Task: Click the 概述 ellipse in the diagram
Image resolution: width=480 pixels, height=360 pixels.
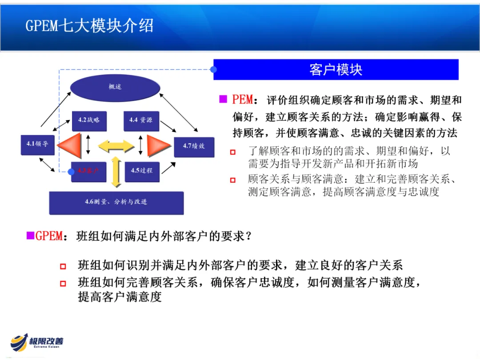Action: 115,87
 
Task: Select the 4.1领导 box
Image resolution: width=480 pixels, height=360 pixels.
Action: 38,144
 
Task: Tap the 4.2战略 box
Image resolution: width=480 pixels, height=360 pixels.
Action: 89,120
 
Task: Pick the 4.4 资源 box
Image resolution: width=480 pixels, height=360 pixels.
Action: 141,120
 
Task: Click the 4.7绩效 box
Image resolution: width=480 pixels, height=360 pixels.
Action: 194,146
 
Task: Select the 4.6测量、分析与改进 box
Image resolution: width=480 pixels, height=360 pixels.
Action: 116,202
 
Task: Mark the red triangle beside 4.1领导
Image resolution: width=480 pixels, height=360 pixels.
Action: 70,145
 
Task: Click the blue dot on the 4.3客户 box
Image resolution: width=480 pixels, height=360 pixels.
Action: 71,172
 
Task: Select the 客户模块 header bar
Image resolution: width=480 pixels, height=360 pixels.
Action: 336,70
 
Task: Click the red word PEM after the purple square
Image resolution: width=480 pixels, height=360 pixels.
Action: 243,99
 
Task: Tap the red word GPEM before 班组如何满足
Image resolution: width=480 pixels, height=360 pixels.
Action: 49,236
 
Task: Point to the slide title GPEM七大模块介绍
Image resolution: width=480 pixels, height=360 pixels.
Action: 89,26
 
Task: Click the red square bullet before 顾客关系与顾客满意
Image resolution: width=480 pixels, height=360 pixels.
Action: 232,180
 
